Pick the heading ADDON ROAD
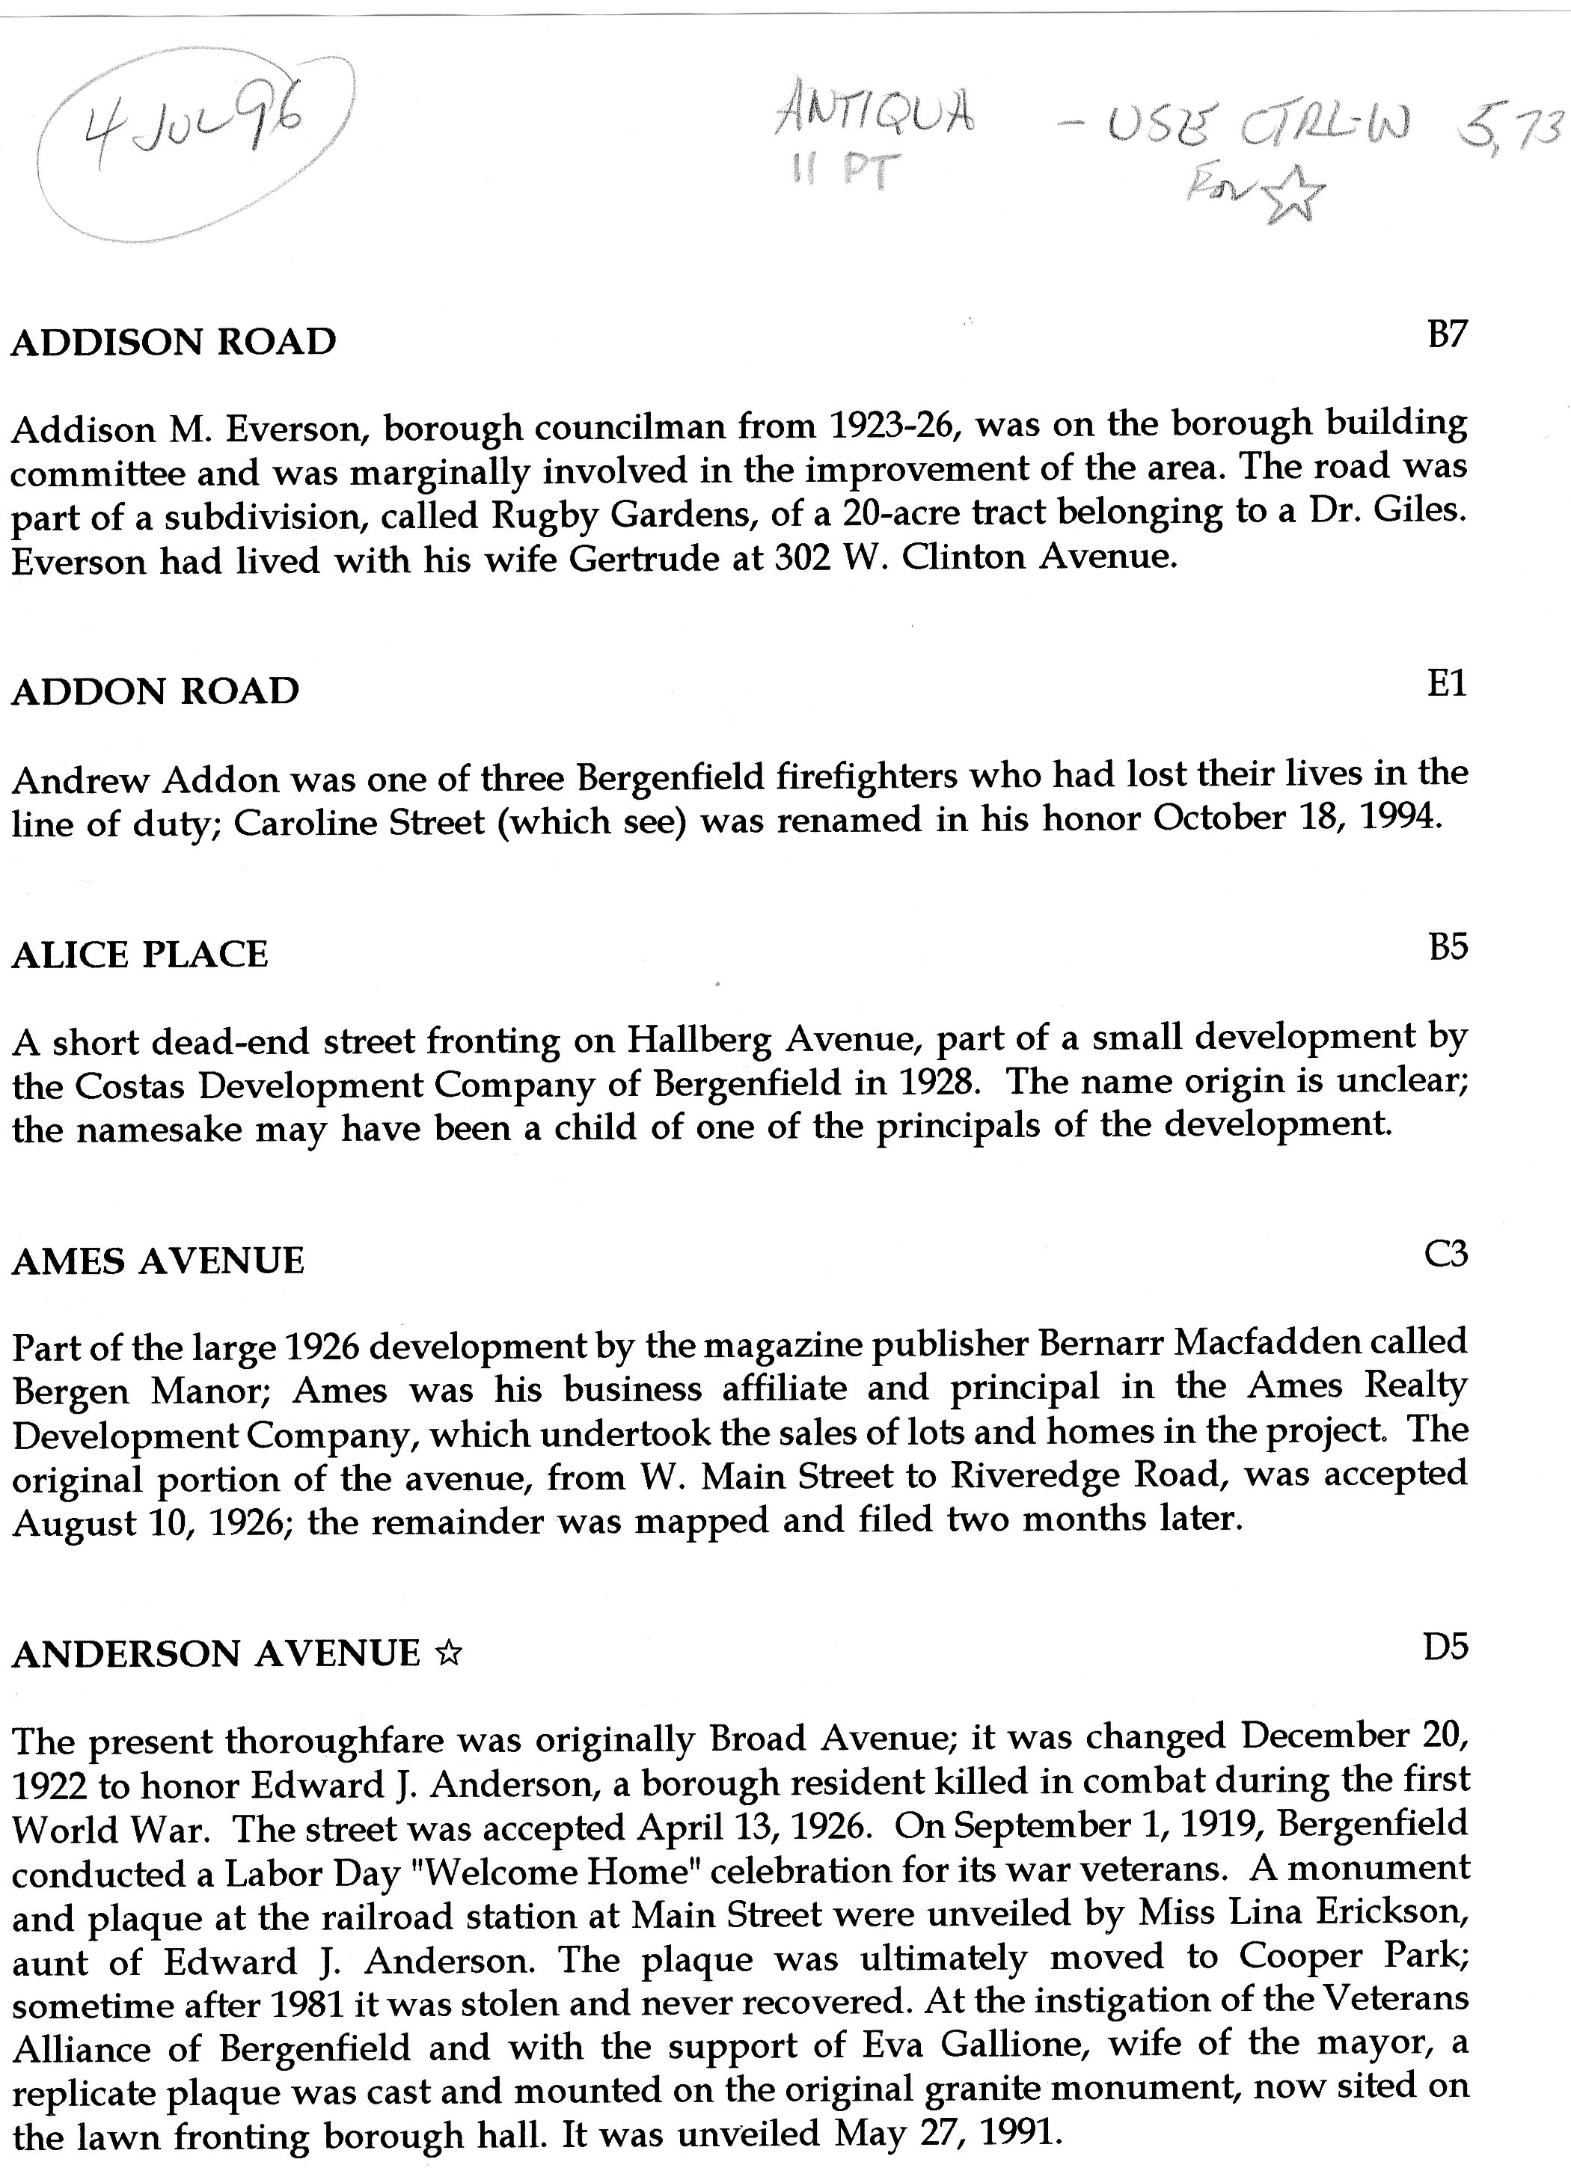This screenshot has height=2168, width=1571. pyautogui.click(x=155, y=691)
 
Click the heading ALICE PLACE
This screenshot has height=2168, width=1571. pyautogui.click(x=140, y=955)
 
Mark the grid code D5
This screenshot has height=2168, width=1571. pyautogui.click(x=1445, y=1647)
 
